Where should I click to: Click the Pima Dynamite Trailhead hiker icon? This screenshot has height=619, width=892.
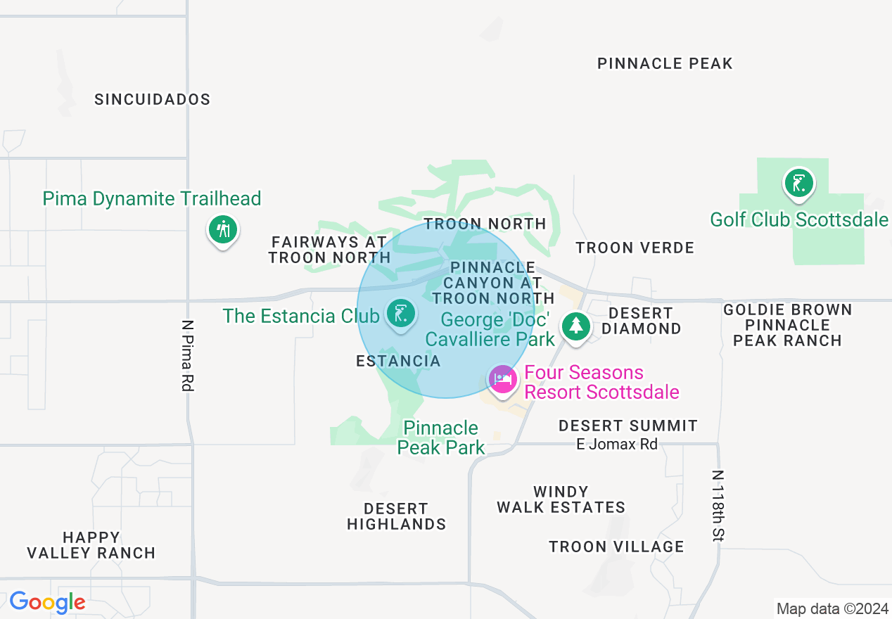coord(223,229)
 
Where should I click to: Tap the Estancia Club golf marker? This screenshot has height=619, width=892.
coord(400,312)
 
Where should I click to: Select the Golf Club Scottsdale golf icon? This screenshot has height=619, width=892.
coord(798,184)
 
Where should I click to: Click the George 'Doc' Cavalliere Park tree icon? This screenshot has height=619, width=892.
coord(576,326)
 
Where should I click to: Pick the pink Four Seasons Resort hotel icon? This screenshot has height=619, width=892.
coord(502,379)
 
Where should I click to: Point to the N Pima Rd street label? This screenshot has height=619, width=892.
coord(187,356)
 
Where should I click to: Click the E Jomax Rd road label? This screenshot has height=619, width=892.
coord(617,444)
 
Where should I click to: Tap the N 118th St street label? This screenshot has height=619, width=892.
coord(718,506)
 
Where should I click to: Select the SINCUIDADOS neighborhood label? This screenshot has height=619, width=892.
coord(153,99)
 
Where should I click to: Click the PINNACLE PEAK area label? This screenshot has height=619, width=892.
coord(665,63)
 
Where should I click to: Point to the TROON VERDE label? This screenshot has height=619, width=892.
coord(635,248)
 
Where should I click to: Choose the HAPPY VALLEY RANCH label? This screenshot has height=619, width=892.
coord(91,546)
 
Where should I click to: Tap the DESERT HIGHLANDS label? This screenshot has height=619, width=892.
coord(397,516)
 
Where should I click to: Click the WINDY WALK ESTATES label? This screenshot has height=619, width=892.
coord(561,499)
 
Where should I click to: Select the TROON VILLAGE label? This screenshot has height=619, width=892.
coord(616,547)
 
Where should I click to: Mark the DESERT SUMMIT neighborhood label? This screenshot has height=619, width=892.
coord(627,426)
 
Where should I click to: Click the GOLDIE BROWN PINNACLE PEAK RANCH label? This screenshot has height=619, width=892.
coord(787,325)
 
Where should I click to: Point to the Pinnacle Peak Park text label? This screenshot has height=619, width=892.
coord(440,438)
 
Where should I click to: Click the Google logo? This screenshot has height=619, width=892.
coord(47,602)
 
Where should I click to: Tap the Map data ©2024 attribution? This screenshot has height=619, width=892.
coord(832,608)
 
